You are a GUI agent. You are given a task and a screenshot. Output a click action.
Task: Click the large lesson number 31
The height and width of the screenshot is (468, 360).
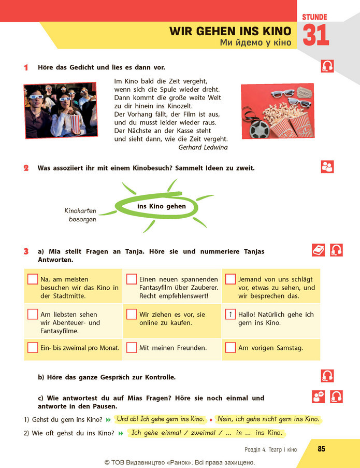(316, 35)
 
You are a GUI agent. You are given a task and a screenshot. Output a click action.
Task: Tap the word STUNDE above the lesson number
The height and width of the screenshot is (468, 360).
(314, 17)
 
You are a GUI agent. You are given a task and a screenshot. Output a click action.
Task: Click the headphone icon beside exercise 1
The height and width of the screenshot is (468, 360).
(327, 66)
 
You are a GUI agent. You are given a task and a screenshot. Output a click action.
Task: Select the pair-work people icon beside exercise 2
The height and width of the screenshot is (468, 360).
(327, 167)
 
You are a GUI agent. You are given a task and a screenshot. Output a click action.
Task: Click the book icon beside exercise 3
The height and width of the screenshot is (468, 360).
(318, 250)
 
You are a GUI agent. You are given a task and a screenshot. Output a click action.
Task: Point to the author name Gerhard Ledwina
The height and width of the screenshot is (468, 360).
(203, 147)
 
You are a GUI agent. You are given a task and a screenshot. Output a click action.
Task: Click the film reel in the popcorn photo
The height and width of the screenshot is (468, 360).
(259, 129)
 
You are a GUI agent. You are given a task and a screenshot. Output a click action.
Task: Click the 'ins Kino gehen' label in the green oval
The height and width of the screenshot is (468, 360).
(162, 206)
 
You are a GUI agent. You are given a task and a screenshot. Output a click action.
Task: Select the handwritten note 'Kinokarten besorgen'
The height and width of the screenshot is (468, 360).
(80, 215)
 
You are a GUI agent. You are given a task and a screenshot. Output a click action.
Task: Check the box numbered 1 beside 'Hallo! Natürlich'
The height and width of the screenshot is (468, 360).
(231, 314)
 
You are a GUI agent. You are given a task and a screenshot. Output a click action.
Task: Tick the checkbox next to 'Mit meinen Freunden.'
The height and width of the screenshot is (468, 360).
(131, 347)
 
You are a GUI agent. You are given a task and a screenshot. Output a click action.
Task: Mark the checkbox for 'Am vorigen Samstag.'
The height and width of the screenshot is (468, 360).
(231, 347)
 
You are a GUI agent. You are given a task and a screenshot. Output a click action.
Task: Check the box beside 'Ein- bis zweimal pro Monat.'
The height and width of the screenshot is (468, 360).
(33, 347)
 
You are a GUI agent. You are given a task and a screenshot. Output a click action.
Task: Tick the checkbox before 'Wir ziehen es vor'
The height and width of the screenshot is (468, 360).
(131, 314)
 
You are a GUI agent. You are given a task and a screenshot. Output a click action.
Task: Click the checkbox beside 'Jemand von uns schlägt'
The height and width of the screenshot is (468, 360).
(231, 279)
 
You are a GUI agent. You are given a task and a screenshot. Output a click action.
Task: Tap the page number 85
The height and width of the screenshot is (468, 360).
(321, 449)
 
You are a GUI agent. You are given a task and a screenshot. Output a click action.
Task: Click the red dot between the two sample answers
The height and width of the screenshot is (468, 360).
(211, 420)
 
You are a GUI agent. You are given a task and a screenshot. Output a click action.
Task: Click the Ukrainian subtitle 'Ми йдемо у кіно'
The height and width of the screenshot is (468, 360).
(255, 42)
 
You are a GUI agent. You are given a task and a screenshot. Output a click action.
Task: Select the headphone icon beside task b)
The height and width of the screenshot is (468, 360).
(327, 376)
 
